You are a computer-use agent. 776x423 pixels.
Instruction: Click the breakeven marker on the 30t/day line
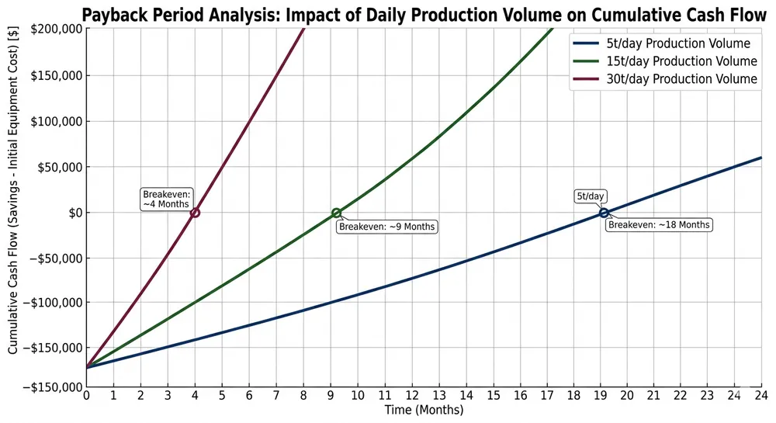click(x=195, y=213)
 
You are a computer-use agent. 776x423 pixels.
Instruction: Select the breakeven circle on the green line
click(x=336, y=213)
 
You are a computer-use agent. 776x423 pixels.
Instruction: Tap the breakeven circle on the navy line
click(x=604, y=213)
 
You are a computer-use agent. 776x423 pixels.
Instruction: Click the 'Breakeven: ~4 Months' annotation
click(x=167, y=199)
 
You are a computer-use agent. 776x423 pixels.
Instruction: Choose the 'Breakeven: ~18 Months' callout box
click(x=659, y=224)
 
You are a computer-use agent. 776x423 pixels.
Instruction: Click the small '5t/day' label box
click(x=591, y=196)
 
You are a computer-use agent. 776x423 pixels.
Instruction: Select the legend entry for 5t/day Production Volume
click(x=662, y=43)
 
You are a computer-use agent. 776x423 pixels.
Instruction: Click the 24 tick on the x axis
click(x=761, y=397)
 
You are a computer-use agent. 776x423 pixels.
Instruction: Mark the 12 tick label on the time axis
click(x=411, y=397)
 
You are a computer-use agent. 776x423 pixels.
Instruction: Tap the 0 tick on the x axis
click(x=86, y=397)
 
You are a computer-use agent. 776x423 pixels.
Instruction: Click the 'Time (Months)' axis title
click(x=424, y=411)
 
